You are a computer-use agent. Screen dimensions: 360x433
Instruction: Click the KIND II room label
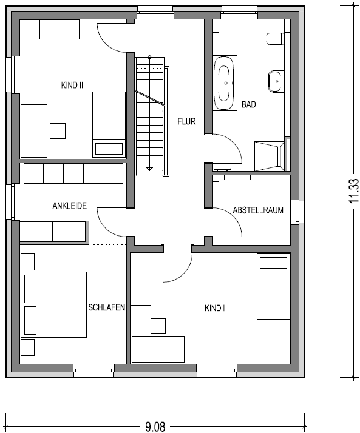coord(72,85)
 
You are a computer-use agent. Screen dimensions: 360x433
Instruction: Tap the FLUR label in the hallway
coord(186,121)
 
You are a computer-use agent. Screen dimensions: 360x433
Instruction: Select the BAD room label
coord(248,104)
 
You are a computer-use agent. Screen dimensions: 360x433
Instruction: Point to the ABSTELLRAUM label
coord(258,210)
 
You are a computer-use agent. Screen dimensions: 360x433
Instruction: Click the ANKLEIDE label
coord(70,206)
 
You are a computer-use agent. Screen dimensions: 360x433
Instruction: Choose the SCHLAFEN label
coord(106,307)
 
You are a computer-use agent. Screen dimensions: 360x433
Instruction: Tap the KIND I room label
coord(214,308)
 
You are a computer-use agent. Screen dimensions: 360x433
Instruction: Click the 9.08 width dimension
coord(155,427)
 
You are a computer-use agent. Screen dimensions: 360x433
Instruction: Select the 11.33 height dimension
coord(354,191)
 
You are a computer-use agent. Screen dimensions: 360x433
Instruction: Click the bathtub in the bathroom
coord(225,83)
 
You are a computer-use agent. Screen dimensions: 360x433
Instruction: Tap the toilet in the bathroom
coord(275,39)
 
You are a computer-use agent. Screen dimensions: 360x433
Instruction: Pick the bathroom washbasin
coord(276,81)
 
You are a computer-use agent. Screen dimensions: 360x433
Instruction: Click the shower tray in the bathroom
coord(269,156)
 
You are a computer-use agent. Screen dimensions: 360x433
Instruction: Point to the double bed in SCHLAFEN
coord(53,304)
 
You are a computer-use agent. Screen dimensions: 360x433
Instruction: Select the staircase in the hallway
coord(149,116)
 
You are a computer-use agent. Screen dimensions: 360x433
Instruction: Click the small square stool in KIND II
coord(58,131)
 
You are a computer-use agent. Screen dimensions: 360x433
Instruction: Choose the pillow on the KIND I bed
coord(273,263)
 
